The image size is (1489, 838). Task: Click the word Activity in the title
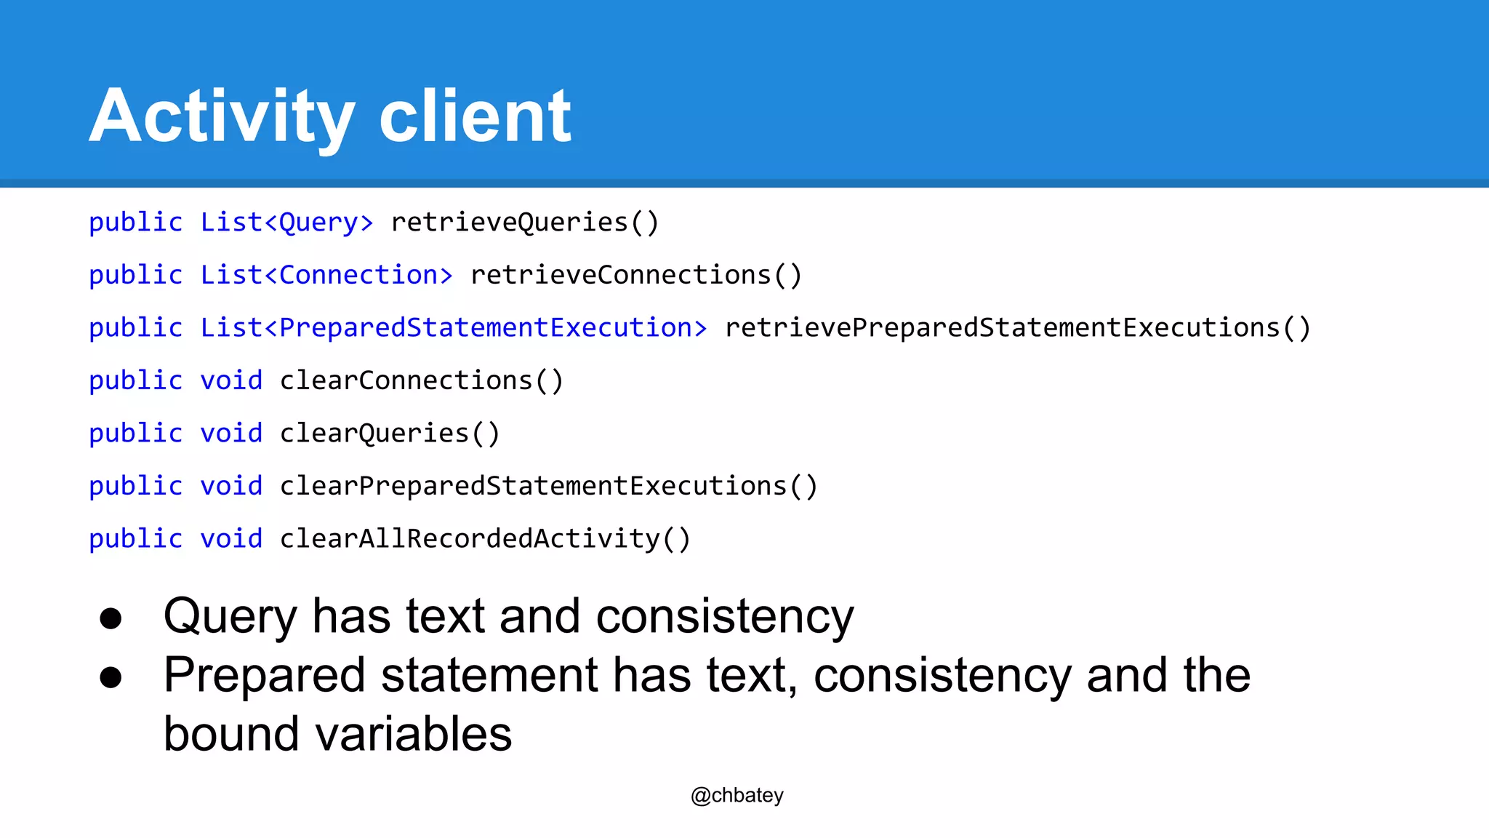pyautogui.click(x=222, y=116)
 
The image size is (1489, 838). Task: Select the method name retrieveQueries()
pyautogui.click(x=524, y=223)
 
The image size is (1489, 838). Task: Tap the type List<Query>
pyautogui.click(x=286, y=223)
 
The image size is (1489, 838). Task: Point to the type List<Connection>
pyautogui.click(x=326, y=275)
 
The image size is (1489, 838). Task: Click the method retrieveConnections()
pyautogui.click(x=635, y=275)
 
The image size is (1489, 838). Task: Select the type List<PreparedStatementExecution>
pyautogui.click(x=454, y=328)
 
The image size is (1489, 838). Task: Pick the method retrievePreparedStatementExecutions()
pyautogui.click(x=1017, y=328)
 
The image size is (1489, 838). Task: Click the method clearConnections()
pyautogui.click(x=422, y=380)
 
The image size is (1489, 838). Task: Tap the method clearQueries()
pyautogui.click(x=390, y=434)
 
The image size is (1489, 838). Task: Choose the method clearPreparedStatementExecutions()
pyautogui.click(x=548, y=486)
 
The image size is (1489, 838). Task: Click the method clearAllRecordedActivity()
pyautogui.click(x=485, y=539)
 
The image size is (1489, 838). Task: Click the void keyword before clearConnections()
pyautogui.click(x=231, y=380)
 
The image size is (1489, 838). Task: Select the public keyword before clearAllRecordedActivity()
pyautogui.click(x=136, y=539)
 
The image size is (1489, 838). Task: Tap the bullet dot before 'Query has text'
pyautogui.click(x=111, y=618)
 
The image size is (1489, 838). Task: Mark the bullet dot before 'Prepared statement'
pyautogui.click(x=111, y=677)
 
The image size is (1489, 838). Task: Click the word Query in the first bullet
pyautogui.click(x=230, y=617)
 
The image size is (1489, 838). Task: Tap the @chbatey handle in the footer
pyautogui.click(x=737, y=795)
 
